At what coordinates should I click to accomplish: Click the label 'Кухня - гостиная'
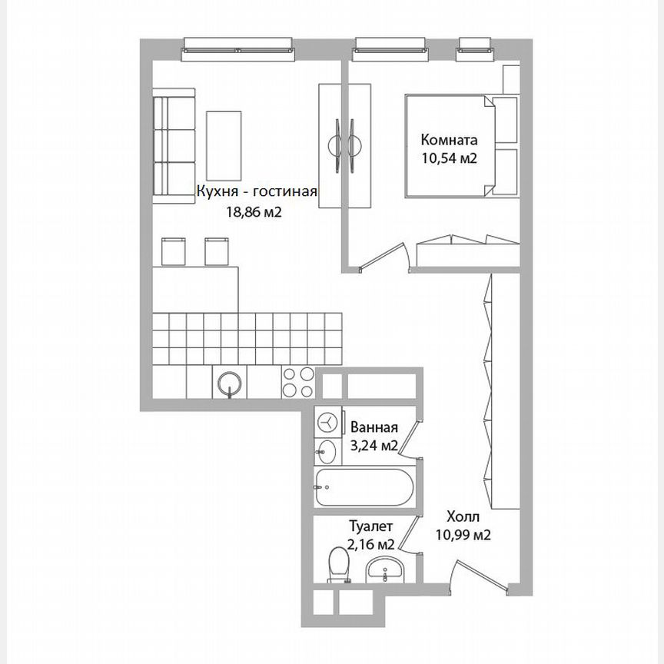pyautogui.click(x=257, y=193)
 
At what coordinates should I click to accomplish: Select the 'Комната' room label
pyautogui.click(x=449, y=141)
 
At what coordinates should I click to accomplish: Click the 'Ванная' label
pyautogui.click(x=373, y=428)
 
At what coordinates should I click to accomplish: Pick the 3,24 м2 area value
pyautogui.click(x=373, y=446)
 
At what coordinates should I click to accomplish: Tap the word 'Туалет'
pyautogui.click(x=371, y=527)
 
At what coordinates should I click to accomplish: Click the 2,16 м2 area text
pyautogui.click(x=371, y=544)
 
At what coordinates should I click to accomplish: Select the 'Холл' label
pyautogui.click(x=463, y=517)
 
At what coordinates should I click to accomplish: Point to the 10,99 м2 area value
pyautogui.click(x=463, y=535)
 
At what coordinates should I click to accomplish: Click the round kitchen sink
pyautogui.click(x=229, y=382)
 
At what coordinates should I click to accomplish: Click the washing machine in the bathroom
pyautogui.click(x=327, y=422)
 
